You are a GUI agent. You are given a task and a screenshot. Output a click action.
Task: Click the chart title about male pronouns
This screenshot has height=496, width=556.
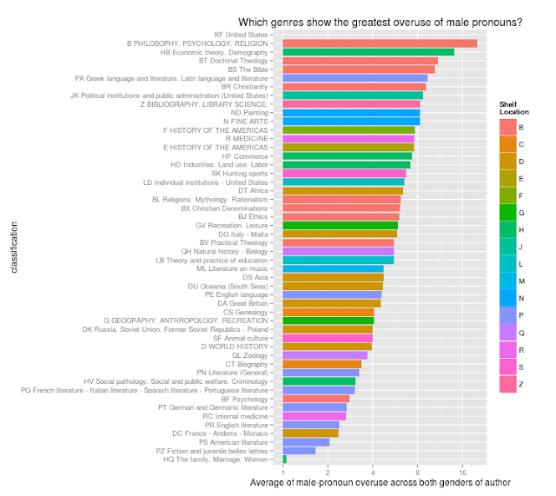(381, 23)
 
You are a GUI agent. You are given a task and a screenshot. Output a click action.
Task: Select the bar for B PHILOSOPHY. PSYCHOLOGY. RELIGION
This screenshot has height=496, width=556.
(380, 43)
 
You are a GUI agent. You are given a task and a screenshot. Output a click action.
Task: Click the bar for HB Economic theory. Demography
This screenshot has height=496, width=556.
(368, 52)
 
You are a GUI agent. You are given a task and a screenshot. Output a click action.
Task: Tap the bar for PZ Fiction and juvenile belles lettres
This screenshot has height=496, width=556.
(299, 450)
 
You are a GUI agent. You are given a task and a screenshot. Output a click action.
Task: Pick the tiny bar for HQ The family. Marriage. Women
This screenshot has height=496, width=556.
(284, 459)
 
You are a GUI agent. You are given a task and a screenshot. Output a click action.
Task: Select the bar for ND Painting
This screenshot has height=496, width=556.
(351, 112)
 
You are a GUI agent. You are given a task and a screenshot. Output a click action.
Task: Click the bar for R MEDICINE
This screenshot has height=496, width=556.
(348, 138)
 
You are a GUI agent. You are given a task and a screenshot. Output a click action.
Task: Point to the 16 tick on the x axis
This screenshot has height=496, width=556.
(462, 472)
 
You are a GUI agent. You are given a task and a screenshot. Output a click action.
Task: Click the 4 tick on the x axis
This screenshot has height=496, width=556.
(373, 472)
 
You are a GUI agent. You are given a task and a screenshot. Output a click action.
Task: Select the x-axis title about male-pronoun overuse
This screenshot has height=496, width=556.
(380, 482)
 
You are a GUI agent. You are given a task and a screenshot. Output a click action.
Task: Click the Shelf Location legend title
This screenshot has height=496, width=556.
(513, 109)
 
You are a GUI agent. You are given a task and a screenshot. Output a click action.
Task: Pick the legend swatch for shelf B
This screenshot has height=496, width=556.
(507, 127)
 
